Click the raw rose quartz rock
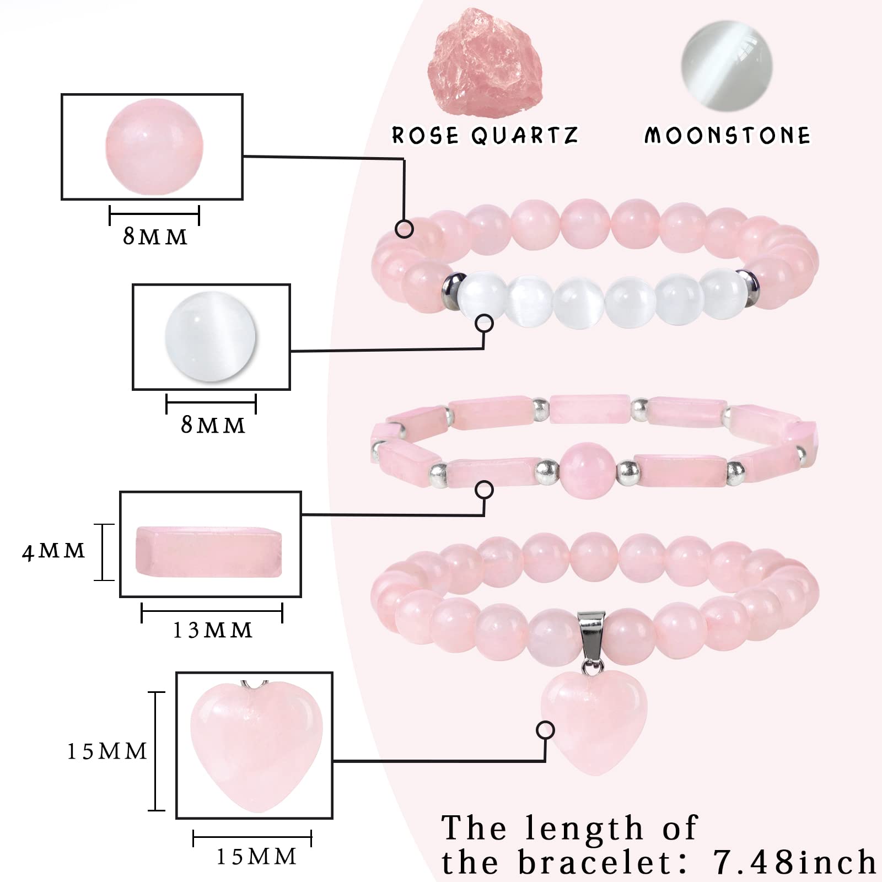click(477, 63)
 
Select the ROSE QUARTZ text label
click(485, 135)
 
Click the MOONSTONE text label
click(728, 135)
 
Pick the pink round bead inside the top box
click(154, 146)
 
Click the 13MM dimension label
click(212, 630)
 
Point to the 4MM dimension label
click(53, 551)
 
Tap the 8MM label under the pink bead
click(155, 237)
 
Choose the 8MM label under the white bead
click(213, 425)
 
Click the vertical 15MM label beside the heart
click(107, 751)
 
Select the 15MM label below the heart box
click(256, 856)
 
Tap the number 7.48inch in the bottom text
click(794, 861)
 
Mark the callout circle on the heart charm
click(546, 730)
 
